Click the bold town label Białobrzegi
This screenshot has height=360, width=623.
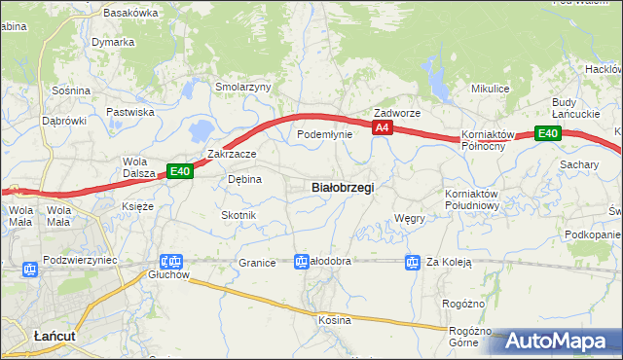pos(342,187)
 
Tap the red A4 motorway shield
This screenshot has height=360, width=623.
pos(383,127)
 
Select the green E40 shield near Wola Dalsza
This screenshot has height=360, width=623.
pos(180,171)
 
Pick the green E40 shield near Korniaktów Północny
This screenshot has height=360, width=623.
pos(548,133)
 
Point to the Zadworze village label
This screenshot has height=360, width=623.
pos(397,113)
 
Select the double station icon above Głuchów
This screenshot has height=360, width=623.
pos(171,262)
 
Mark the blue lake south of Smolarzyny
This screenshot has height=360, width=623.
pos(202,129)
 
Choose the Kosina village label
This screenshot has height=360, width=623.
pos(334,319)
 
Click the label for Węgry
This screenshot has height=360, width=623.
pos(410,218)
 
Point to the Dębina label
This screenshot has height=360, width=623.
pos(244,179)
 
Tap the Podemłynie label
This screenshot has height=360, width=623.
pos(324,134)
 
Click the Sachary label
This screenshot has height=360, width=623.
pos(578,165)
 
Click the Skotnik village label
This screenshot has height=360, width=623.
pos(238,214)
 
